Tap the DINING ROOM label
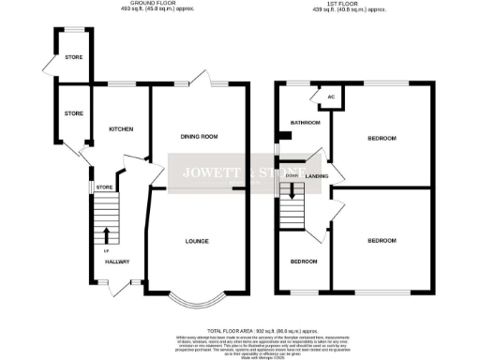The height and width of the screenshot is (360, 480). (199, 137)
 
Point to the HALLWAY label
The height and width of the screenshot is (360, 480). (116, 262)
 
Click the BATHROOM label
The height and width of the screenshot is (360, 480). (306, 123)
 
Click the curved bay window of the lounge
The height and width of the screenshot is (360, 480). (198, 302)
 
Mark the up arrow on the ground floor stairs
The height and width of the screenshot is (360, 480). (105, 233)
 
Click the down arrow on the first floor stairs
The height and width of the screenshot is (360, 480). (293, 193)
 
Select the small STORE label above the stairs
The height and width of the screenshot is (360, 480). (103, 188)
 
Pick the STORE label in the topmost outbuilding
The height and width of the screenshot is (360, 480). (73, 57)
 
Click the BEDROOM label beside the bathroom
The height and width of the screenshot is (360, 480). (381, 139)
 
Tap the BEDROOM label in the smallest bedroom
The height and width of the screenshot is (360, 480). (302, 262)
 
